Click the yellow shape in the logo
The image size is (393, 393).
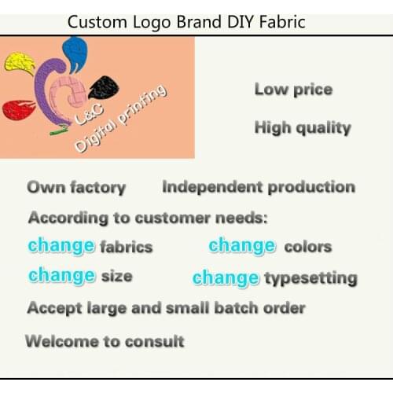coord(20,63)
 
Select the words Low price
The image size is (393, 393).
coord(292,89)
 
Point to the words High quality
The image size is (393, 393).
coord(302,127)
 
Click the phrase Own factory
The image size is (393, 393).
coord(76,187)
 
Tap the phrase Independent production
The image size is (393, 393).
coord(258,187)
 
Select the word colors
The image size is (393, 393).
coord(307,246)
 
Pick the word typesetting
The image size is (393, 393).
coord(310,277)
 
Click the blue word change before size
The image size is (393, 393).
coord(61,276)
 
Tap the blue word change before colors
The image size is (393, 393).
coord(242,245)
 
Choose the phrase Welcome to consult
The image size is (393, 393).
coord(105,341)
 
